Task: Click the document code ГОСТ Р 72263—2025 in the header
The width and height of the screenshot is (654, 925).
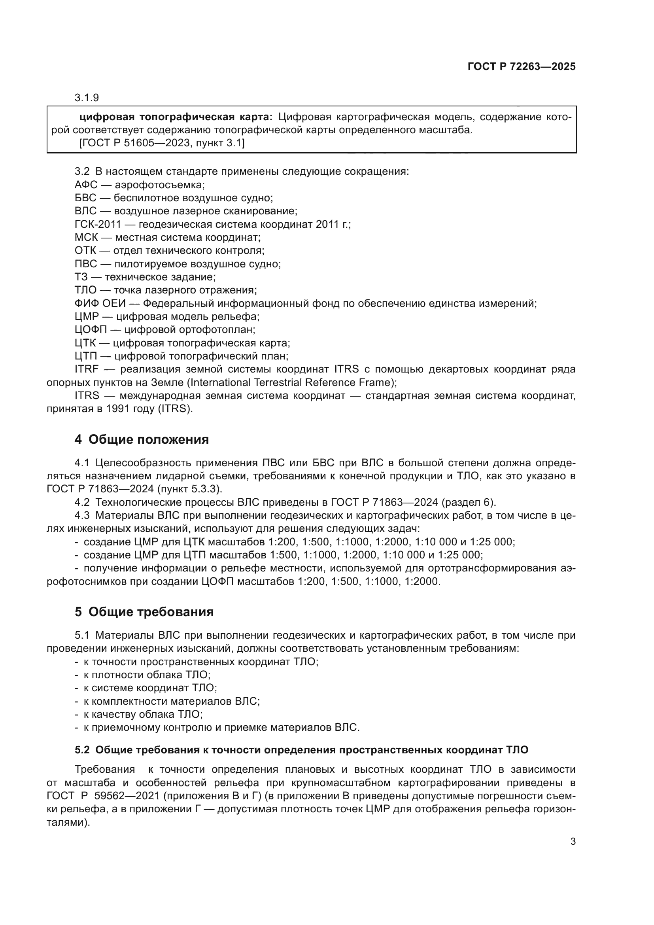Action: click(x=521, y=66)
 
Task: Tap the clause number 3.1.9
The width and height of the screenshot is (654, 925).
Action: click(x=87, y=98)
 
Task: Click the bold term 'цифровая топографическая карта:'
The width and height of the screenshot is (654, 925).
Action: click(x=176, y=117)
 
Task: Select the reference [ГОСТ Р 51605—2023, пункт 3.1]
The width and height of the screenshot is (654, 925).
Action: click(x=162, y=143)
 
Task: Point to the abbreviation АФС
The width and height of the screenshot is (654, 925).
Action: click(x=86, y=185)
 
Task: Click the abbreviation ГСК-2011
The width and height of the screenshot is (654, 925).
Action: click(x=97, y=224)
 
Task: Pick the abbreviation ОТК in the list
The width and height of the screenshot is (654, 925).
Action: click(x=85, y=251)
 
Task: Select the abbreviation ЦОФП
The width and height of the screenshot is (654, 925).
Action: click(x=91, y=329)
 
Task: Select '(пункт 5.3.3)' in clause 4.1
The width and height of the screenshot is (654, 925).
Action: click(x=189, y=489)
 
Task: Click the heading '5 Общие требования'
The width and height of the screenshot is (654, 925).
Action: click(x=144, y=611)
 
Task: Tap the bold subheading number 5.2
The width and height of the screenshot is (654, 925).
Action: click(x=82, y=750)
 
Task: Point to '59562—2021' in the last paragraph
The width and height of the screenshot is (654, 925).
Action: click(x=125, y=796)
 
